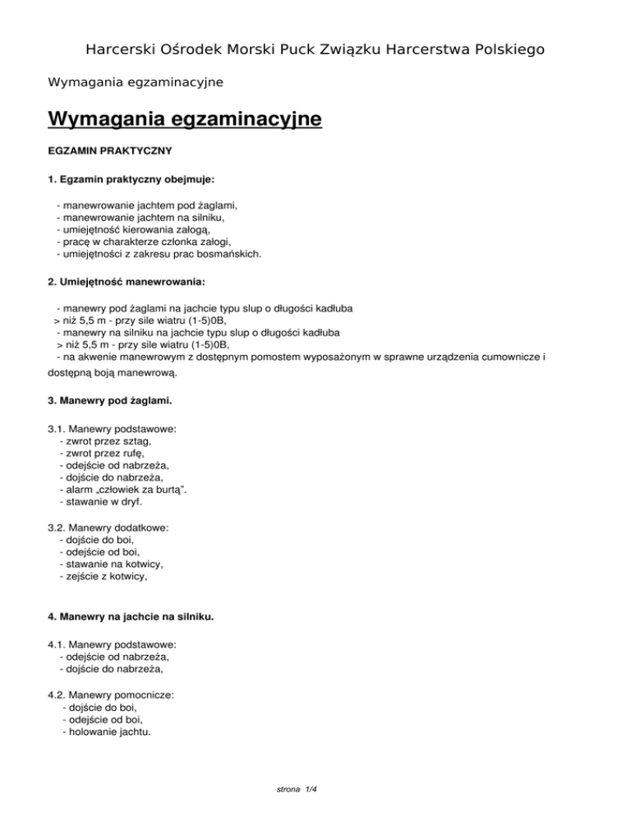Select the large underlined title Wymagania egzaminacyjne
185,121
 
